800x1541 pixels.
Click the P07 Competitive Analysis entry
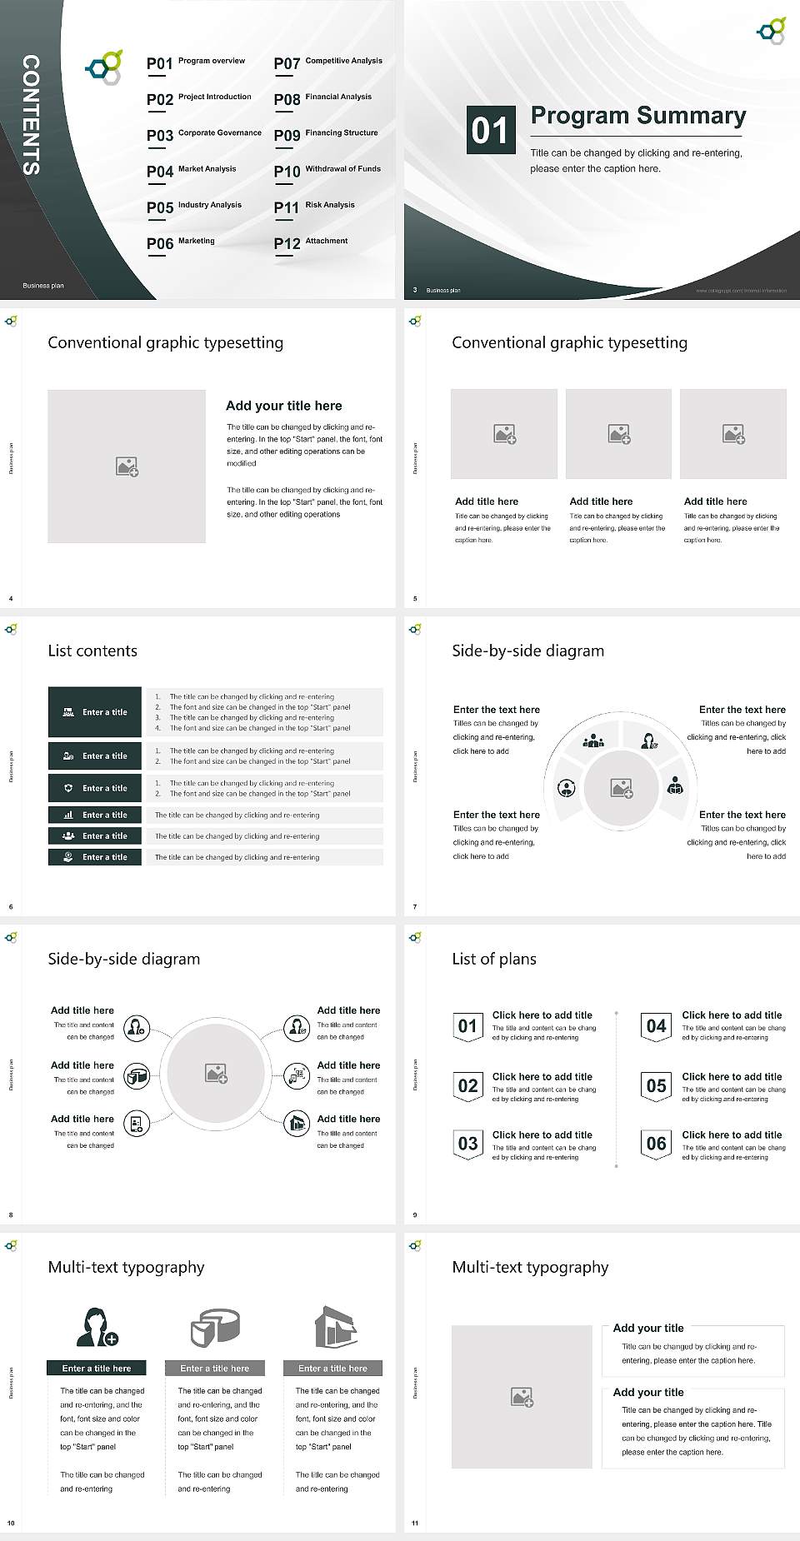[328, 62]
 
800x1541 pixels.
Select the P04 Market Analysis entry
[192, 171]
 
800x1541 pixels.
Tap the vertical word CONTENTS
[31, 115]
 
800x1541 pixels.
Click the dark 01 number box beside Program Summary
[489, 130]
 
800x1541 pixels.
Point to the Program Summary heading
[638, 116]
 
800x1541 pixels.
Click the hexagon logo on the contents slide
[104, 67]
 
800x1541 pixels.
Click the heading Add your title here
[283, 406]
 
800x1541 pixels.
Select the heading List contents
[92, 651]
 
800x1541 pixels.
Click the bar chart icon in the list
[68, 815]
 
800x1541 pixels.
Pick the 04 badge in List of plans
[657, 1026]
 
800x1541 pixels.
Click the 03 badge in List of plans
[468, 1144]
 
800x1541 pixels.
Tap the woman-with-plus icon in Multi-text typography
[97, 1327]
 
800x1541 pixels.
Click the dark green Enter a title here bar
[97, 1368]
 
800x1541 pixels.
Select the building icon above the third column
[336, 1326]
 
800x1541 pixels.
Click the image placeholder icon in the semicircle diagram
[622, 787]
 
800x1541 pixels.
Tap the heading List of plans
[494, 959]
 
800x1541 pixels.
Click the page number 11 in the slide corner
[415, 1524]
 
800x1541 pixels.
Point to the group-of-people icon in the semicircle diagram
[593, 740]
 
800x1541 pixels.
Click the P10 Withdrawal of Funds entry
[327, 171]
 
